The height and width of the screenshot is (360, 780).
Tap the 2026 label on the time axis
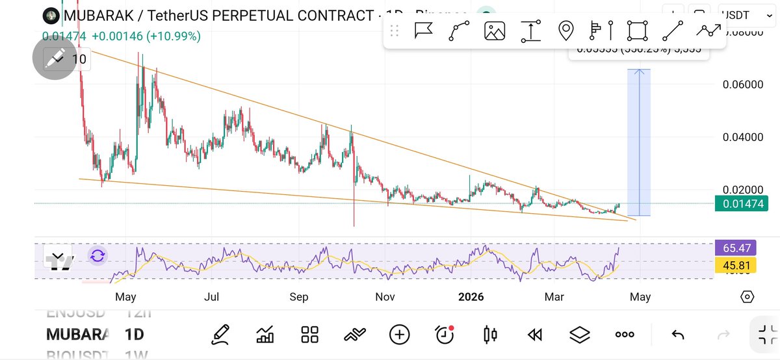click(x=471, y=298)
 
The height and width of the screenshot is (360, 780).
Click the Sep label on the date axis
click(x=299, y=298)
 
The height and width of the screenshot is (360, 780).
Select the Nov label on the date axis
click(x=385, y=298)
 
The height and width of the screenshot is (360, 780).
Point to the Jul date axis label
click(x=211, y=298)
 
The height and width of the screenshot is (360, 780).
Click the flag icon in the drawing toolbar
click(x=424, y=31)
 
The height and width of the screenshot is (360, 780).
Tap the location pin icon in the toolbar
click(x=565, y=31)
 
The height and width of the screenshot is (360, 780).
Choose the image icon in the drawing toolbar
click(x=495, y=31)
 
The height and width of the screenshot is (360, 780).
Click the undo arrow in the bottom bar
click(x=677, y=335)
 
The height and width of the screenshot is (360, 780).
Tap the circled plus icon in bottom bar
click(x=399, y=335)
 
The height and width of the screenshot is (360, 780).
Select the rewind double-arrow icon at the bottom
click(x=535, y=335)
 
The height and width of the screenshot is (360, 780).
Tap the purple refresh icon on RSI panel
click(x=97, y=255)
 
